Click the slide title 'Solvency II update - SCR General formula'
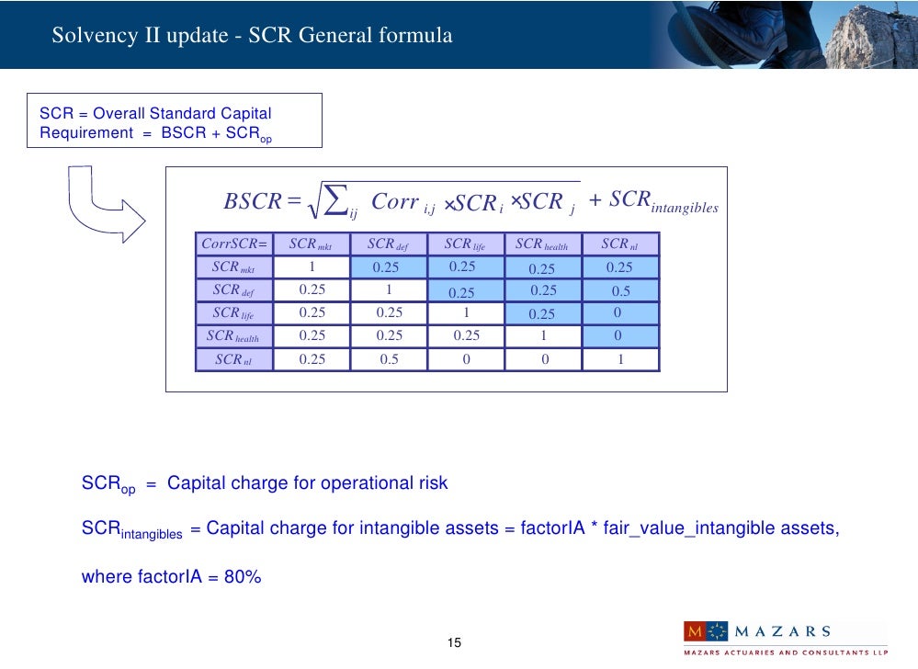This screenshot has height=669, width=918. coord(252,36)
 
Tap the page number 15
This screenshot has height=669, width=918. coord(453,641)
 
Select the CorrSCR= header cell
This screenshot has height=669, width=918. coord(233,244)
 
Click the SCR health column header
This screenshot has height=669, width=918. coord(542,244)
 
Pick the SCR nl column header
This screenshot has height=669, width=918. coord(619,244)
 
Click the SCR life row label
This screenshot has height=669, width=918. coord(233,313)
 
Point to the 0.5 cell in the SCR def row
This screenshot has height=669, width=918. coord(620,290)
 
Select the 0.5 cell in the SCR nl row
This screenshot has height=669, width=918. coord(389,359)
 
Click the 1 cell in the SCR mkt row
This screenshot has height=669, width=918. coord(312,267)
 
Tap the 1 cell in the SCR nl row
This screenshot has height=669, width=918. coord(620,359)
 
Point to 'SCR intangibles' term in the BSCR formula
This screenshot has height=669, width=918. coord(662,202)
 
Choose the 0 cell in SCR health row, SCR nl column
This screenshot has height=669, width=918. coord(620,336)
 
